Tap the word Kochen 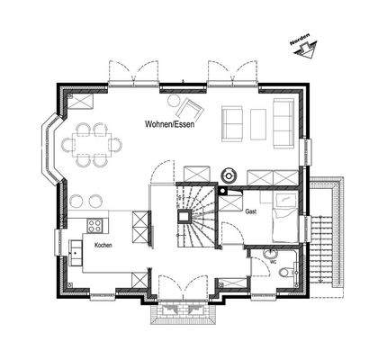103,244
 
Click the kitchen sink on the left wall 74,245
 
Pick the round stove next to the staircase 227,174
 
